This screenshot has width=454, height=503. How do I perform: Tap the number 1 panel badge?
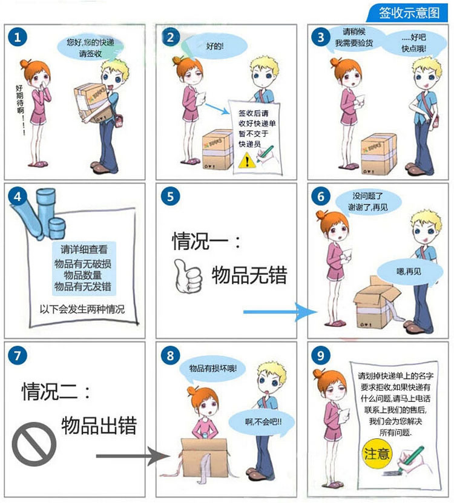click(x=18, y=38)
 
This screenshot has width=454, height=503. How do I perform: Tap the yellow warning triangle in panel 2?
click(x=246, y=160)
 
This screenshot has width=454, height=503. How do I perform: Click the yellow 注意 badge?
click(x=377, y=454)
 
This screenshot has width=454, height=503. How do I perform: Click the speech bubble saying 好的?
click(x=214, y=46)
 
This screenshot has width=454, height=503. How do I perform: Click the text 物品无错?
click(x=249, y=275)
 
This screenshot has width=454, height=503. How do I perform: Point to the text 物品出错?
click(x=99, y=425)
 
